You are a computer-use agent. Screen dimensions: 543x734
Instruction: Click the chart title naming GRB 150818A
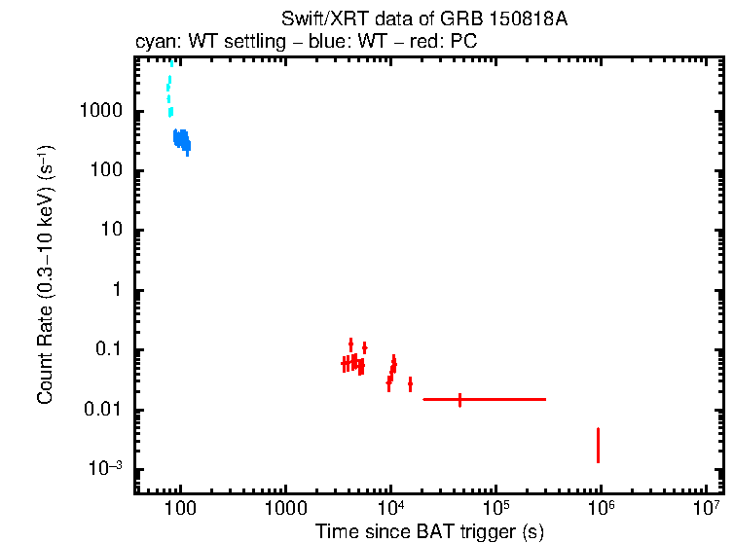(423, 18)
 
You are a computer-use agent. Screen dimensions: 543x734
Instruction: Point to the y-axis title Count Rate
(46, 275)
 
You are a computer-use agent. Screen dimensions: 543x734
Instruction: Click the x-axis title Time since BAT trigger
(429, 530)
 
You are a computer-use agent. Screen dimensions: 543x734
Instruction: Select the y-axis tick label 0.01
(102, 410)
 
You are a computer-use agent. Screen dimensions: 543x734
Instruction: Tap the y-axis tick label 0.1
(107, 350)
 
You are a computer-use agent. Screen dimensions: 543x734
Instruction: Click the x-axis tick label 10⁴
(390, 508)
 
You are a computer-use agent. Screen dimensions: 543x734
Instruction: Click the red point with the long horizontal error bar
(459, 399)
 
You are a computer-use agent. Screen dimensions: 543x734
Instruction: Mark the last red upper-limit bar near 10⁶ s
(598, 445)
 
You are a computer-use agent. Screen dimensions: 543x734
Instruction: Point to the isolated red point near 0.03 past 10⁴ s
(410, 384)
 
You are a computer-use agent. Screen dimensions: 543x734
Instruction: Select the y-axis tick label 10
(111, 231)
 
